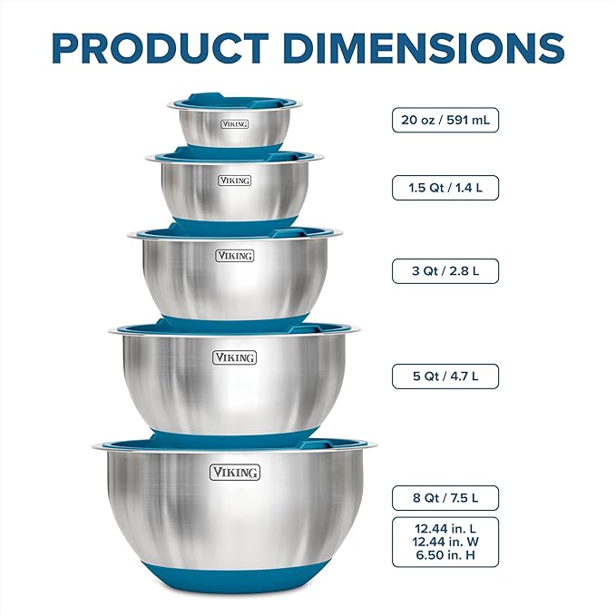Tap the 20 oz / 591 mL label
[x=445, y=120]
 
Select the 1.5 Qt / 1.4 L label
[x=445, y=188]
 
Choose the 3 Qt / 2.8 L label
[x=445, y=270]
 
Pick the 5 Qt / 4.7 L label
[x=445, y=376]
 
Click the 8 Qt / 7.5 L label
[x=445, y=497]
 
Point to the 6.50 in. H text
[x=445, y=555]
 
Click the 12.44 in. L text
[x=445, y=528]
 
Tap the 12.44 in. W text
[x=445, y=542]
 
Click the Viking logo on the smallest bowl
[x=234, y=123]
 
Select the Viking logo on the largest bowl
[x=235, y=472]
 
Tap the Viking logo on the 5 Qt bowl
[x=235, y=357]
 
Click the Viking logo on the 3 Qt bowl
[x=235, y=256]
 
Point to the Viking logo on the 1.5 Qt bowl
[x=235, y=181]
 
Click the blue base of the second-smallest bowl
[x=235, y=221]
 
